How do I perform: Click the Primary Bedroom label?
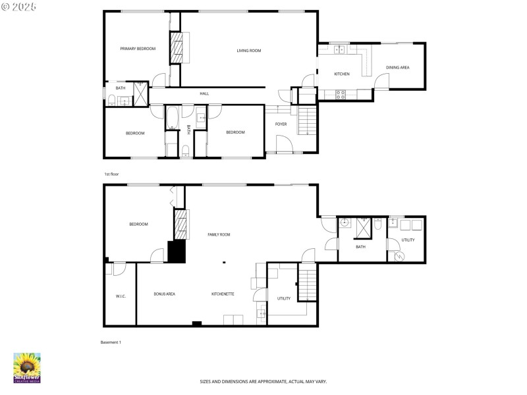pos(137,49)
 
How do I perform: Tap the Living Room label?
pos(249,51)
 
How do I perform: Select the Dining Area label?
pos(397,67)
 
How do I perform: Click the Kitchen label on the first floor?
pos(341,74)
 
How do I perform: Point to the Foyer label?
pos(281,124)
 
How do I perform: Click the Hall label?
pos(204,93)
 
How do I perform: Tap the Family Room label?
pos(219,234)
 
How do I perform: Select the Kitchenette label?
pos(223,294)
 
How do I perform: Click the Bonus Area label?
pos(164,294)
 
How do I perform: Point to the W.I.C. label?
pos(121,296)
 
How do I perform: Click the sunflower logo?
pos(27,367)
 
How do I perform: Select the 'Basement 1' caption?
pos(111,342)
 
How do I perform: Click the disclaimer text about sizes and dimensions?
pos(263,381)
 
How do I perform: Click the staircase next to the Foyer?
pos(308,121)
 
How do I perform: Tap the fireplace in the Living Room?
pos(177,49)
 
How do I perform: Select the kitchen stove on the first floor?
pos(341,93)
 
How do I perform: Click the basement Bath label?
pos(360,247)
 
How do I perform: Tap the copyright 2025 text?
pos(19,6)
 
